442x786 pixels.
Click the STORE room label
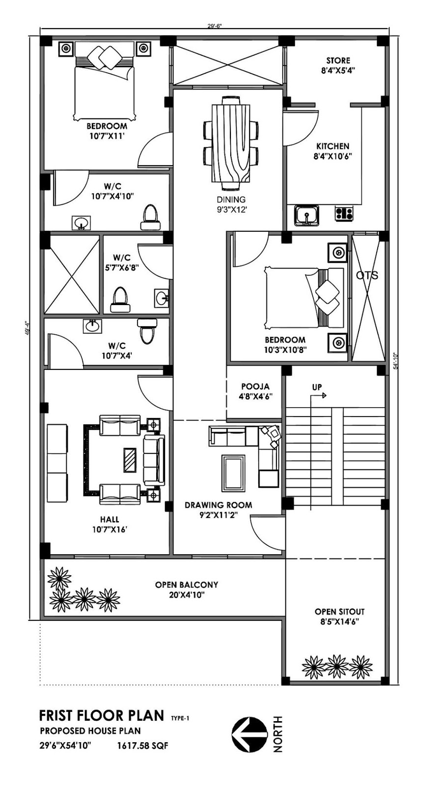pyautogui.click(x=338, y=60)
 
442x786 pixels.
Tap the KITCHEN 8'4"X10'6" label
pyautogui.click(x=333, y=151)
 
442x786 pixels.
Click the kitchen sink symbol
pyautogui.click(x=307, y=215)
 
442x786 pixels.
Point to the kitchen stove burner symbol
pyautogui.click(x=344, y=213)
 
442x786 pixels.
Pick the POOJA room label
pyautogui.click(x=255, y=386)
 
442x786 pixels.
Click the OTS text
pyautogui.click(x=367, y=276)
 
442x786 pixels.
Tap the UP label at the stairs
pyautogui.click(x=317, y=387)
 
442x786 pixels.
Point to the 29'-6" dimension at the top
pyautogui.click(x=214, y=26)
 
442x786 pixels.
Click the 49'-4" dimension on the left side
pyautogui.click(x=27, y=329)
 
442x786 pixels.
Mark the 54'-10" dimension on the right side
pyautogui.click(x=396, y=361)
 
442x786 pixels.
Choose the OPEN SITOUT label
pyautogui.click(x=339, y=612)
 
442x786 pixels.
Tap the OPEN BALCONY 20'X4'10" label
pyautogui.click(x=187, y=589)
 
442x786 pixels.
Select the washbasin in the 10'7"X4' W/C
pyautogui.click(x=93, y=326)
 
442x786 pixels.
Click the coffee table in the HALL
pyautogui.click(x=130, y=460)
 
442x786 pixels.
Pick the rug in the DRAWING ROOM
pyautogui.click(x=233, y=473)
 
